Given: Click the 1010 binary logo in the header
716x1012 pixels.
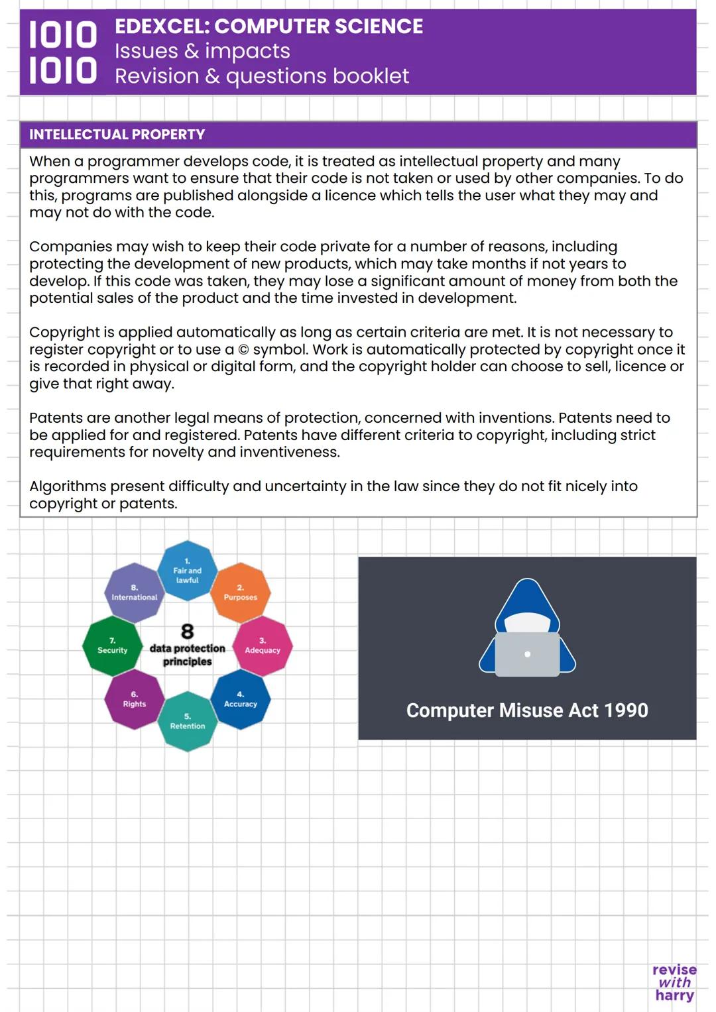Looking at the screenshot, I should pyautogui.click(x=62, y=52).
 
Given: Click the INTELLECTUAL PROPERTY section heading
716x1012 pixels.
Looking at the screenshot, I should pyautogui.click(x=117, y=135).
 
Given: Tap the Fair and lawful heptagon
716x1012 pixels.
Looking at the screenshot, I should pyautogui.click(x=187, y=571).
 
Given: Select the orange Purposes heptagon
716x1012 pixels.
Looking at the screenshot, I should pyautogui.click(x=241, y=592).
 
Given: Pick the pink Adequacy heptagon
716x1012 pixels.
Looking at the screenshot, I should pyautogui.click(x=263, y=646).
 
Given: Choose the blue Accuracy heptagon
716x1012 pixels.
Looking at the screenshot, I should pyautogui.click(x=241, y=699).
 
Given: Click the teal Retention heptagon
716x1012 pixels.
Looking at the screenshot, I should pyautogui.click(x=188, y=721).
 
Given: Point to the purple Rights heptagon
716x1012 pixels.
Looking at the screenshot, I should pyautogui.click(x=135, y=699).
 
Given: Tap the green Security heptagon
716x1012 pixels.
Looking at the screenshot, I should pyautogui.click(x=112, y=646).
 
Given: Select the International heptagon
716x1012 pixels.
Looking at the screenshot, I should pyautogui.click(x=134, y=592).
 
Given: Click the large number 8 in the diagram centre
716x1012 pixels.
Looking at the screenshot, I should pyautogui.click(x=188, y=631).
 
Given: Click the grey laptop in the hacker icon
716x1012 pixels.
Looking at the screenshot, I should pyautogui.click(x=527, y=654).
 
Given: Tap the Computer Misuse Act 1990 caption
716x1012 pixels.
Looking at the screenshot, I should pyautogui.click(x=527, y=710).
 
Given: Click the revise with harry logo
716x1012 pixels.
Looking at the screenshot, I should pyautogui.click(x=674, y=982).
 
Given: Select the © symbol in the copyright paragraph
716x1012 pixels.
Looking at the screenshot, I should pyautogui.click(x=243, y=350).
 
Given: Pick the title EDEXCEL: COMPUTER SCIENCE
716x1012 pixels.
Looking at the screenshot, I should pyautogui.click(x=268, y=27).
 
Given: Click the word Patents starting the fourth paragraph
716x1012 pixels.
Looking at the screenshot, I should pyautogui.click(x=52, y=418).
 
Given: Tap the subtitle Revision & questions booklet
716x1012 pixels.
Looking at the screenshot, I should pyautogui.click(x=262, y=76).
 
